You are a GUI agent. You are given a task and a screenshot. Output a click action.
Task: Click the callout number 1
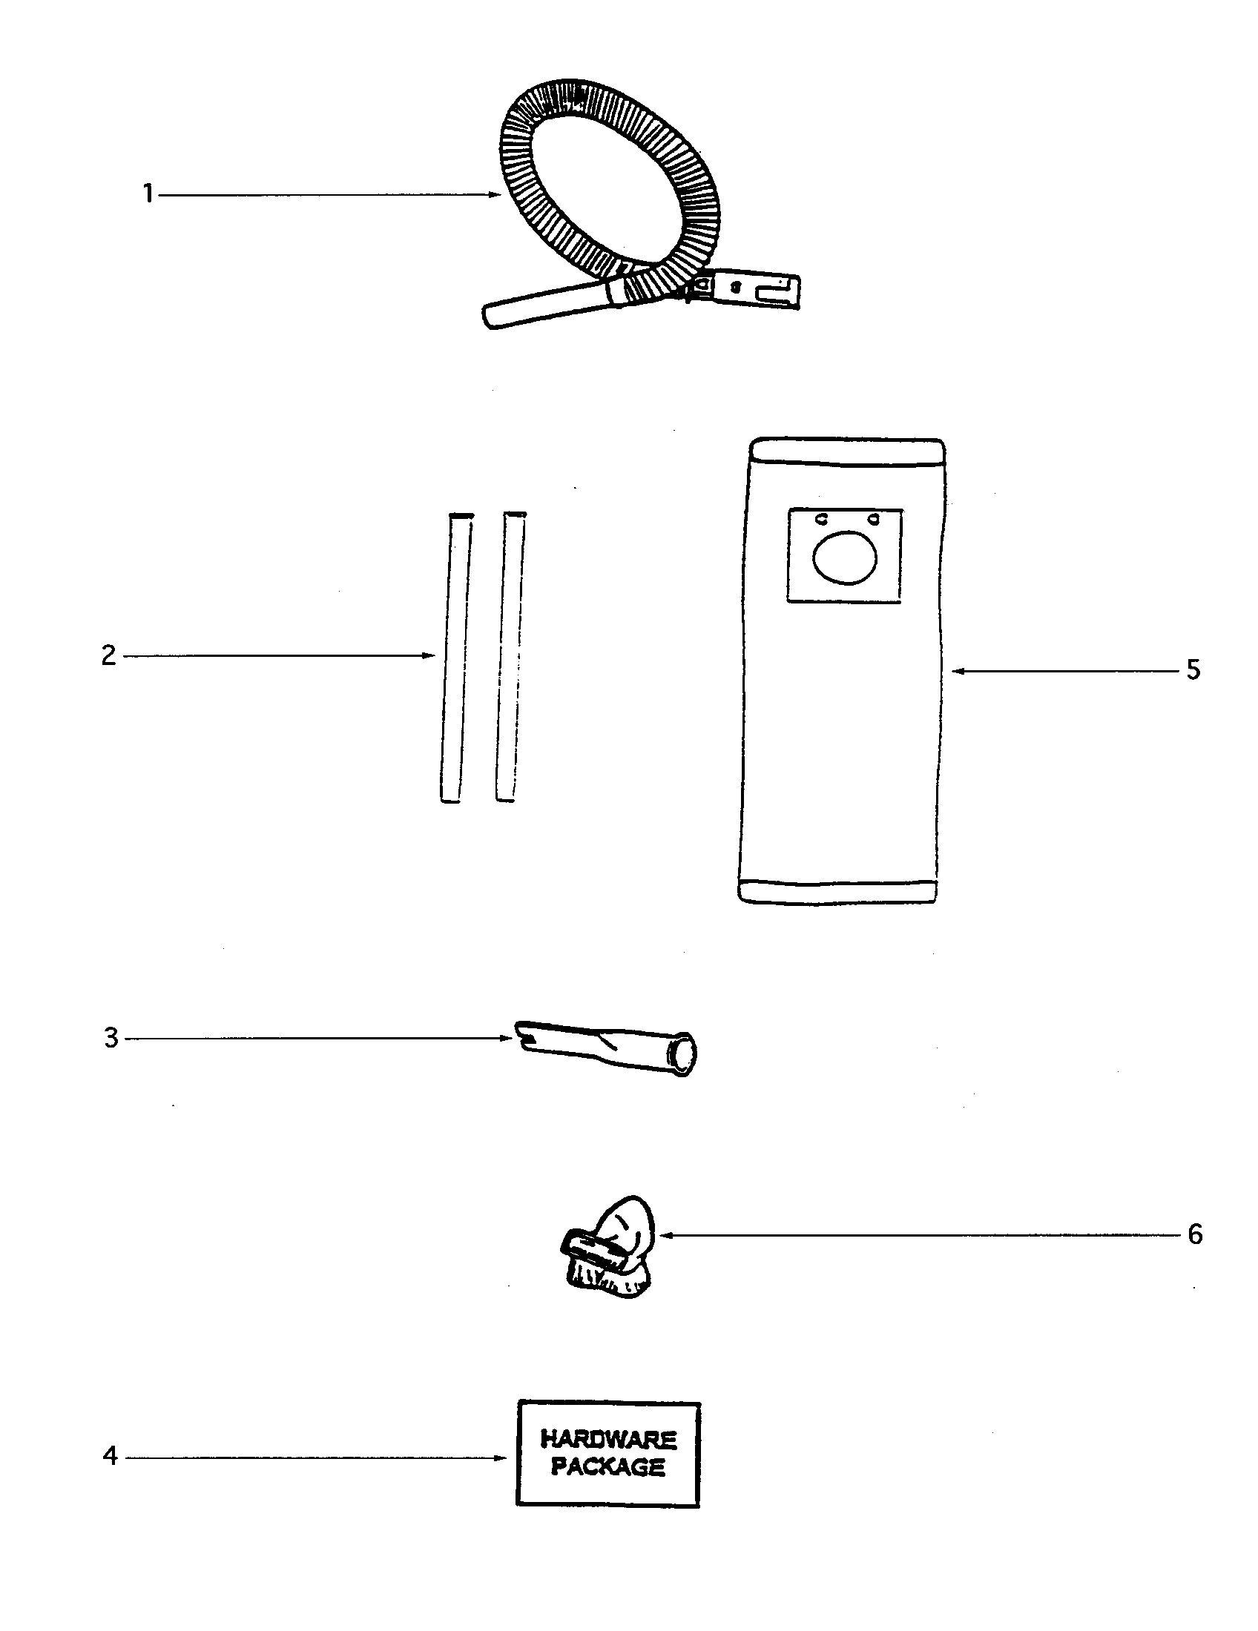[148, 194]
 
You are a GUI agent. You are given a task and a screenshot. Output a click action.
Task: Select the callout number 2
[109, 655]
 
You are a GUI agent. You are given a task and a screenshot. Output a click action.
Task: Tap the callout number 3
[111, 1038]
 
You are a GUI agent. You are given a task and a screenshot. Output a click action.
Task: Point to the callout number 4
[111, 1455]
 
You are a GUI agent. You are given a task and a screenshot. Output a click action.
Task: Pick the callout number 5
[1193, 670]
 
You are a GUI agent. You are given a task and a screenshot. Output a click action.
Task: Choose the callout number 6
[1195, 1234]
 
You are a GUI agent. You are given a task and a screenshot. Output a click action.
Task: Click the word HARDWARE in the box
[608, 1438]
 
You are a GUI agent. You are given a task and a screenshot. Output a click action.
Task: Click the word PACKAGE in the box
[608, 1467]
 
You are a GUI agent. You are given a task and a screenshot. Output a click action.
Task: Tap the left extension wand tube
[455, 657]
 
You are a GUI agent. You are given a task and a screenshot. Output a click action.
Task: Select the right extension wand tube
[510, 657]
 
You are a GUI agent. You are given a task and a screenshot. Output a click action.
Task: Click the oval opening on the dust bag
[844, 556]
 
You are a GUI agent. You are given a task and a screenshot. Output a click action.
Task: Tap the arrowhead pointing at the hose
[494, 194]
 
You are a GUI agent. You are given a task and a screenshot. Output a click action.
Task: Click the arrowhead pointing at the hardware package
[500, 1457]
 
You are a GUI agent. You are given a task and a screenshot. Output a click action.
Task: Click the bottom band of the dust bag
[837, 891]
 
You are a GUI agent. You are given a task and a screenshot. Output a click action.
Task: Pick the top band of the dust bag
[848, 451]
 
